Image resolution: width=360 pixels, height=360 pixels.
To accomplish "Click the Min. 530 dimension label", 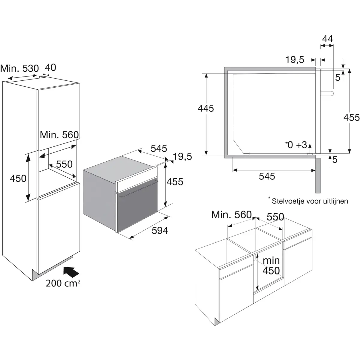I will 19,69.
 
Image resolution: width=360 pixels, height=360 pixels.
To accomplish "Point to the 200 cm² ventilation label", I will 63,283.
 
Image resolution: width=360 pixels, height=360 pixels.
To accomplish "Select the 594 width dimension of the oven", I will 160,230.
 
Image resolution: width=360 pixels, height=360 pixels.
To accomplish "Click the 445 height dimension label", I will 206,108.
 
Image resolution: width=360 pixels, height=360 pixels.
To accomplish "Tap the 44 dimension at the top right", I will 327,39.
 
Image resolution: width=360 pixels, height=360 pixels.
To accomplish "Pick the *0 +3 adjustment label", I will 296,145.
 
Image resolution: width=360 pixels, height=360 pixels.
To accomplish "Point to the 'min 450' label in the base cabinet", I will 271,265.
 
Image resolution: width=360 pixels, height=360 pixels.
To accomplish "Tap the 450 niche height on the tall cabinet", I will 18,178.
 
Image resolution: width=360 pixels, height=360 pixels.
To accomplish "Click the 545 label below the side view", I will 267,176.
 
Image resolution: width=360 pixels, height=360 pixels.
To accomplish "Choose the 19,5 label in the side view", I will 295,60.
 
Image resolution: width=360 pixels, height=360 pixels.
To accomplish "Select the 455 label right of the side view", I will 351,117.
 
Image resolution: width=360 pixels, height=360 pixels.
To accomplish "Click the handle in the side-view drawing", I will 328,93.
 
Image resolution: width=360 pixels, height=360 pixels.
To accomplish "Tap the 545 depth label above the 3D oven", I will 159,148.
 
